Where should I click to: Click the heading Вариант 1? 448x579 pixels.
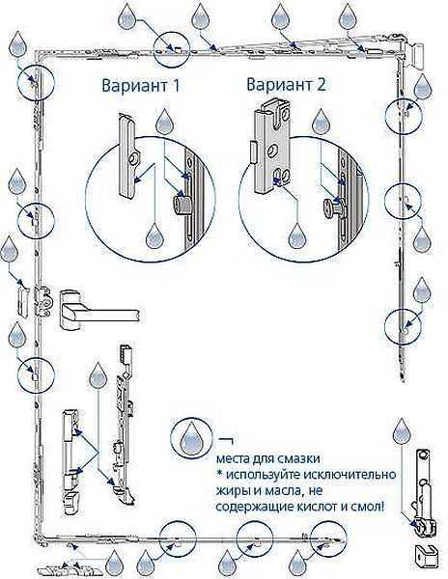click(x=141, y=85)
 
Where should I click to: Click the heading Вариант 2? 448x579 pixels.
click(x=286, y=85)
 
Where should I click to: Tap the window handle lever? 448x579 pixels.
click(x=99, y=312)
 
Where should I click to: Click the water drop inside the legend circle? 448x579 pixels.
click(x=191, y=438)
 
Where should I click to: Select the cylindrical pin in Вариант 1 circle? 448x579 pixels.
click(x=181, y=205)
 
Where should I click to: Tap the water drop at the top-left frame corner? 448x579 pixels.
click(x=17, y=44)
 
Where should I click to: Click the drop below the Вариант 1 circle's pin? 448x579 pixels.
click(x=154, y=236)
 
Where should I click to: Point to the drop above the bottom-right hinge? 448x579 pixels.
click(x=402, y=431)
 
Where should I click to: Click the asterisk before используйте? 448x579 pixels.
click(x=219, y=473)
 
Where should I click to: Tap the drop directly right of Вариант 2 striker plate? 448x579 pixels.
click(x=322, y=122)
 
